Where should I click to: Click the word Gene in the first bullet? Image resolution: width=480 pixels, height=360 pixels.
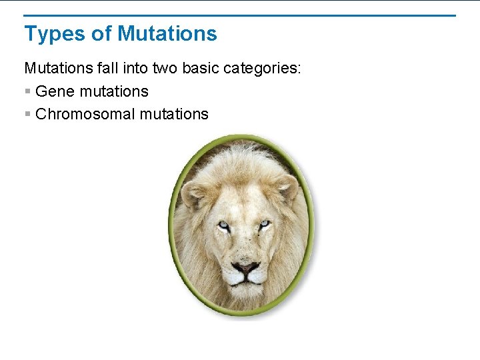[x=55, y=91]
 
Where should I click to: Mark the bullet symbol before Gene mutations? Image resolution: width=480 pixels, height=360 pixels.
[x=27, y=91]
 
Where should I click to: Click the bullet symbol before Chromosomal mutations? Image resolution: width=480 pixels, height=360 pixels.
[x=27, y=114]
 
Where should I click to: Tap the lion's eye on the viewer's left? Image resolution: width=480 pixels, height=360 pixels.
[x=223, y=226]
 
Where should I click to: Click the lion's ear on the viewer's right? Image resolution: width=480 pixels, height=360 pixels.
[x=287, y=186]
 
